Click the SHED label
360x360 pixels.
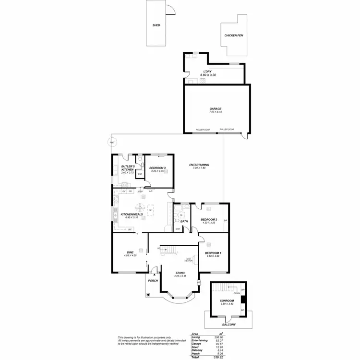pos(156,25)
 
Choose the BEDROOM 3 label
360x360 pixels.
pos(157,168)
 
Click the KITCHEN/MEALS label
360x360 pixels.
pos(128,214)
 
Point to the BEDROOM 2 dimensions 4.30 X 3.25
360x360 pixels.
pos(209,222)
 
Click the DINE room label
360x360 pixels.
pos(130,252)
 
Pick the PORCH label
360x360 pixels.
pos(153,280)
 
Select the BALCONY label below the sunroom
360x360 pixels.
pos(228,325)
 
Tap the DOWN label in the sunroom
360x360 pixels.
pos(237,293)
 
